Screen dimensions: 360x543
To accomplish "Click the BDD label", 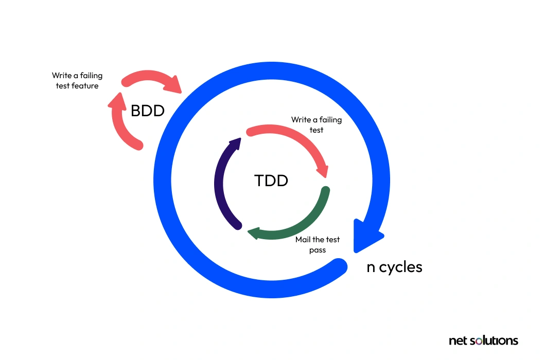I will tap(147, 110).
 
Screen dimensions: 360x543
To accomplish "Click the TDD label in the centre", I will tap(271, 181).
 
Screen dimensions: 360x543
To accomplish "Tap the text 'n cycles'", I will tap(394, 267).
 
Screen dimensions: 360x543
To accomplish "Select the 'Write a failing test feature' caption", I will tap(77, 81).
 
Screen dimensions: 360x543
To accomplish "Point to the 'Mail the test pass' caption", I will tap(318, 245).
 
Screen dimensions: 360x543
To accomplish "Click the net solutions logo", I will tap(483, 340).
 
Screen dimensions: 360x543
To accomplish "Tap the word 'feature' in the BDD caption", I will tap(85, 86).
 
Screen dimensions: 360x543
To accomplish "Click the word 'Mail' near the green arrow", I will tap(303, 240).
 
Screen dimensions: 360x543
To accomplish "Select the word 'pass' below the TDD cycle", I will tap(318, 250).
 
